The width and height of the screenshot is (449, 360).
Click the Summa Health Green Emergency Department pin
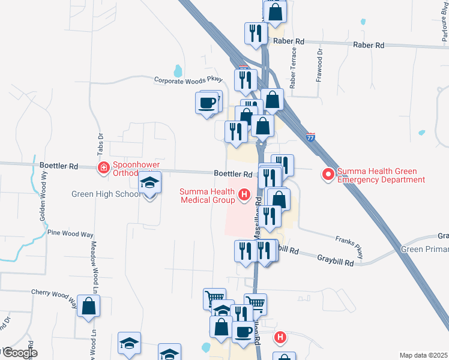tap(328, 175)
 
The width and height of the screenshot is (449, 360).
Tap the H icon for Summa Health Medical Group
tap(244, 194)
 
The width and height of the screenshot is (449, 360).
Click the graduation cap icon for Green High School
tap(150, 184)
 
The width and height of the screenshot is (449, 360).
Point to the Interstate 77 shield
tap(310, 137)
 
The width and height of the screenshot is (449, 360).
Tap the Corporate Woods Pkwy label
tap(188, 79)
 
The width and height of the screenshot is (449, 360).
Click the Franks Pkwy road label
tap(349, 246)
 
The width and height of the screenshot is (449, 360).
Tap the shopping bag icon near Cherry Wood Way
tap(89, 306)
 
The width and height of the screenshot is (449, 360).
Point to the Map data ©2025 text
tap(423, 355)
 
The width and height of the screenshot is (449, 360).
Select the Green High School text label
tap(106, 194)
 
